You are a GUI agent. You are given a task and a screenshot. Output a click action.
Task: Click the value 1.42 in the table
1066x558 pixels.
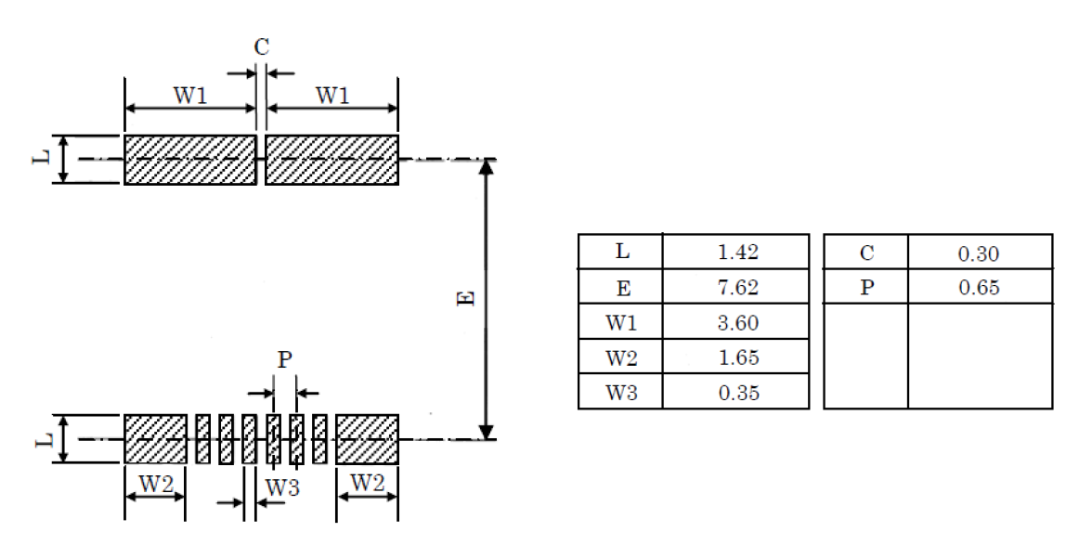click(x=738, y=252)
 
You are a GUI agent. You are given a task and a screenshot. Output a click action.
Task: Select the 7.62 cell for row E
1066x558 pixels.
click(x=738, y=287)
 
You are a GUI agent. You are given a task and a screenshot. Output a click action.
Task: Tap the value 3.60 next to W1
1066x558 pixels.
click(x=738, y=322)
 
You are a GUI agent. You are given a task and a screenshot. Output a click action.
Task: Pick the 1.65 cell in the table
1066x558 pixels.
click(x=738, y=357)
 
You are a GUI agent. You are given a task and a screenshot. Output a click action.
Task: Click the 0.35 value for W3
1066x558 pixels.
click(x=738, y=393)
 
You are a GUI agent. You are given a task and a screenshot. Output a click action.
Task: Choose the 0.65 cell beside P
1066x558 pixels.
click(x=979, y=288)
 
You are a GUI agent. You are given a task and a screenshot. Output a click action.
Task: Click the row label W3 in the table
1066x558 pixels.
click(x=621, y=393)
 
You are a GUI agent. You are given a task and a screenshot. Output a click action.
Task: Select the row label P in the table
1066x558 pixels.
click(x=866, y=288)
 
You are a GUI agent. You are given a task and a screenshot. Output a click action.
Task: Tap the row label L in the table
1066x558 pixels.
click(x=621, y=252)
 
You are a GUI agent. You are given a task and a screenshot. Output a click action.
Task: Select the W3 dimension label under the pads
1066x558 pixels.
click(x=282, y=487)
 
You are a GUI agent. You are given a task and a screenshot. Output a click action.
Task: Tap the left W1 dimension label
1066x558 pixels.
click(x=189, y=95)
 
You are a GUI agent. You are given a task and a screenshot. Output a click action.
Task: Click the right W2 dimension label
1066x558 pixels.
click(x=368, y=483)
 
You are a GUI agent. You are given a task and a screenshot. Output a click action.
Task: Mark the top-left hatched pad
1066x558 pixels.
click(x=190, y=160)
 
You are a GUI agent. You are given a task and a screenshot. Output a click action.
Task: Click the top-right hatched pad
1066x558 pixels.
click(x=331, y=160)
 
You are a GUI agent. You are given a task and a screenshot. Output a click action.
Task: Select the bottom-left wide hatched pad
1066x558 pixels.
click(x=155, y=439)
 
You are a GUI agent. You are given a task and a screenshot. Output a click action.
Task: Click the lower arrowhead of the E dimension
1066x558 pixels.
click(x=485, y=431)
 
